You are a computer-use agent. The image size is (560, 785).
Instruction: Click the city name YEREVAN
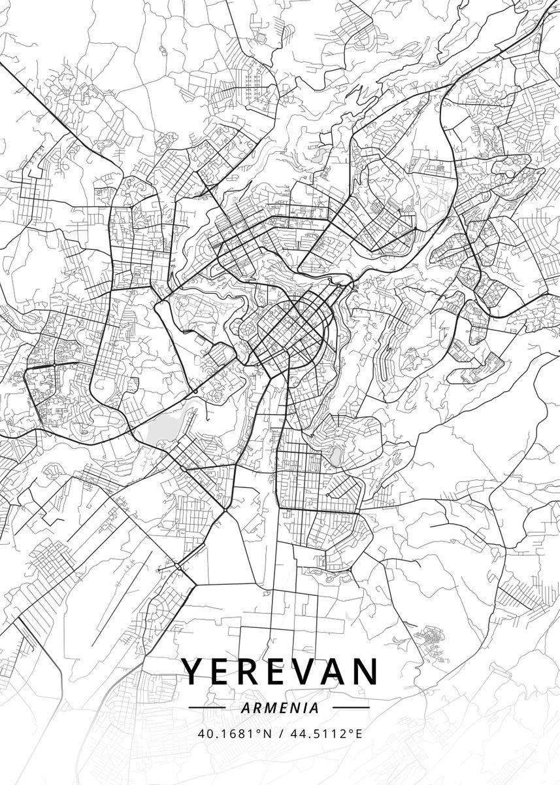[280, 672]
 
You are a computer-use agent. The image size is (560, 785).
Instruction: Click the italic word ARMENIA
[280, 708]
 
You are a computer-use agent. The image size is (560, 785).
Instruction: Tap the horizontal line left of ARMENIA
[206, 708]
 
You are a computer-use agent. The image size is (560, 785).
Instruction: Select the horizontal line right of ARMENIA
[351, 708]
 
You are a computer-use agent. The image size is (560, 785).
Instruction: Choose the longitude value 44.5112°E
[325, 733]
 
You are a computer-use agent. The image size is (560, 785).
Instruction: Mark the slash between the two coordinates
[280, 733]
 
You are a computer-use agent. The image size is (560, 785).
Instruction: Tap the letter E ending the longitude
[358, 733]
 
